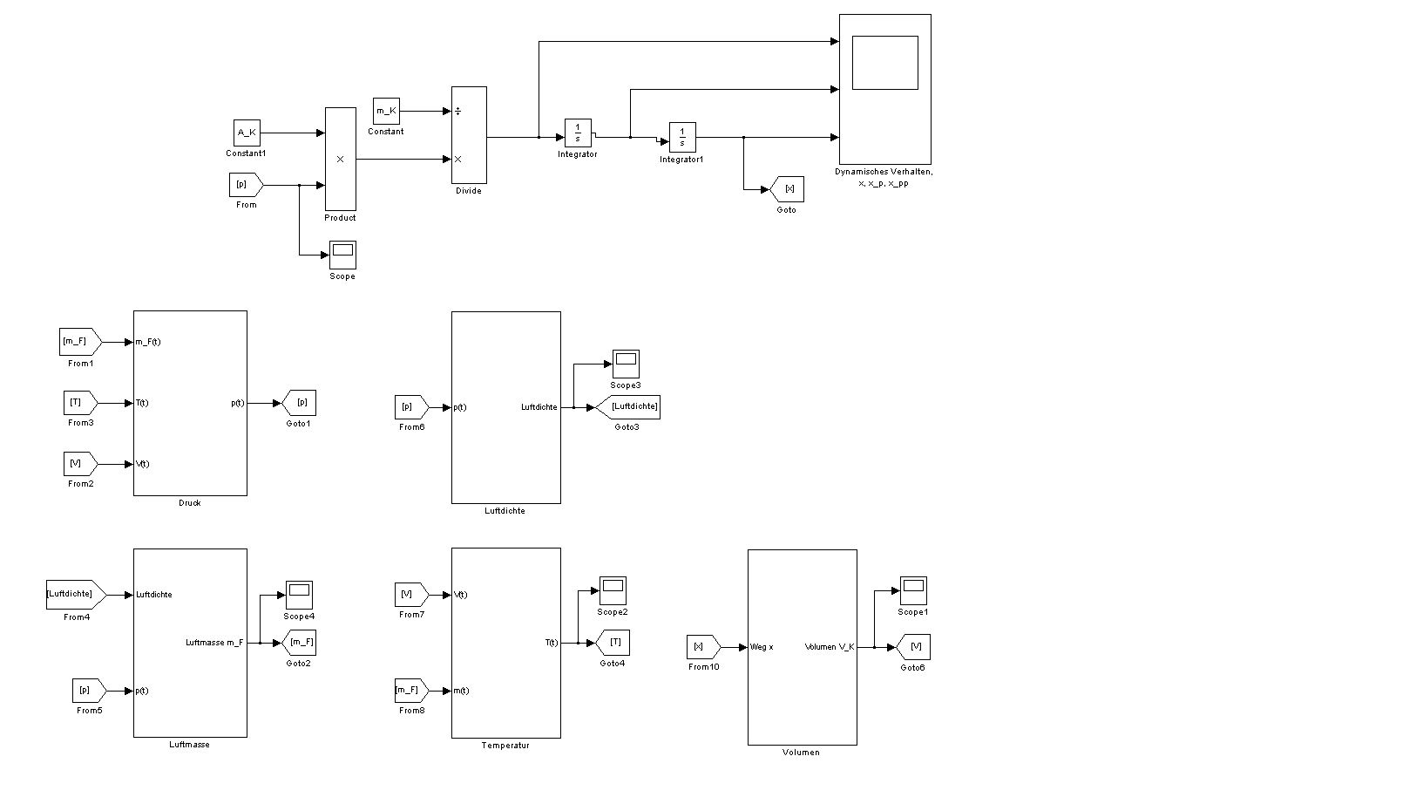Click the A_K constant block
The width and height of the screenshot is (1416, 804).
point(247,133)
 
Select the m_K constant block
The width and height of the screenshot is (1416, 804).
point(386,111)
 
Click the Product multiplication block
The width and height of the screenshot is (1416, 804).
point(340,159)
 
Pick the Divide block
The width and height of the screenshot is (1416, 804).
point(469,134)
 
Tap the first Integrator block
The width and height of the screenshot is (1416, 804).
point(578,133)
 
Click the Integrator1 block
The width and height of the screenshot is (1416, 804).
point(682,137)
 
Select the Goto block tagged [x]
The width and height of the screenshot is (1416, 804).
point(788,189)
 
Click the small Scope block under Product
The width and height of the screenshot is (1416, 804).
point(342,255)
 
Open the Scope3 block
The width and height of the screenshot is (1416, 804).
point(626,364)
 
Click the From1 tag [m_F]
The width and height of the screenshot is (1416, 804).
point(79,342)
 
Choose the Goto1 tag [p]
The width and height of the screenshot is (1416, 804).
point(300,403)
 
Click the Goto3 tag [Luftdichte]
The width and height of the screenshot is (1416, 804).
point(629,407)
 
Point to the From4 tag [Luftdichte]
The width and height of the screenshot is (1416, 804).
point(75,595)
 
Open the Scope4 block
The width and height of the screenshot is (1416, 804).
point(299,595)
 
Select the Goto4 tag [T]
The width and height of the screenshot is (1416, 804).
point(613,643)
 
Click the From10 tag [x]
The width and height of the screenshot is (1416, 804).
point(702,647)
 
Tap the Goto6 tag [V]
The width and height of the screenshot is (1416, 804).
point(913,647)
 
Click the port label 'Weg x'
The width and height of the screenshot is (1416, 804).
point(762,647)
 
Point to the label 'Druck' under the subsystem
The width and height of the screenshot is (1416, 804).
point(189,503)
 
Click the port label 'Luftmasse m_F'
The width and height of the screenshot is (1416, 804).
point(214,643)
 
